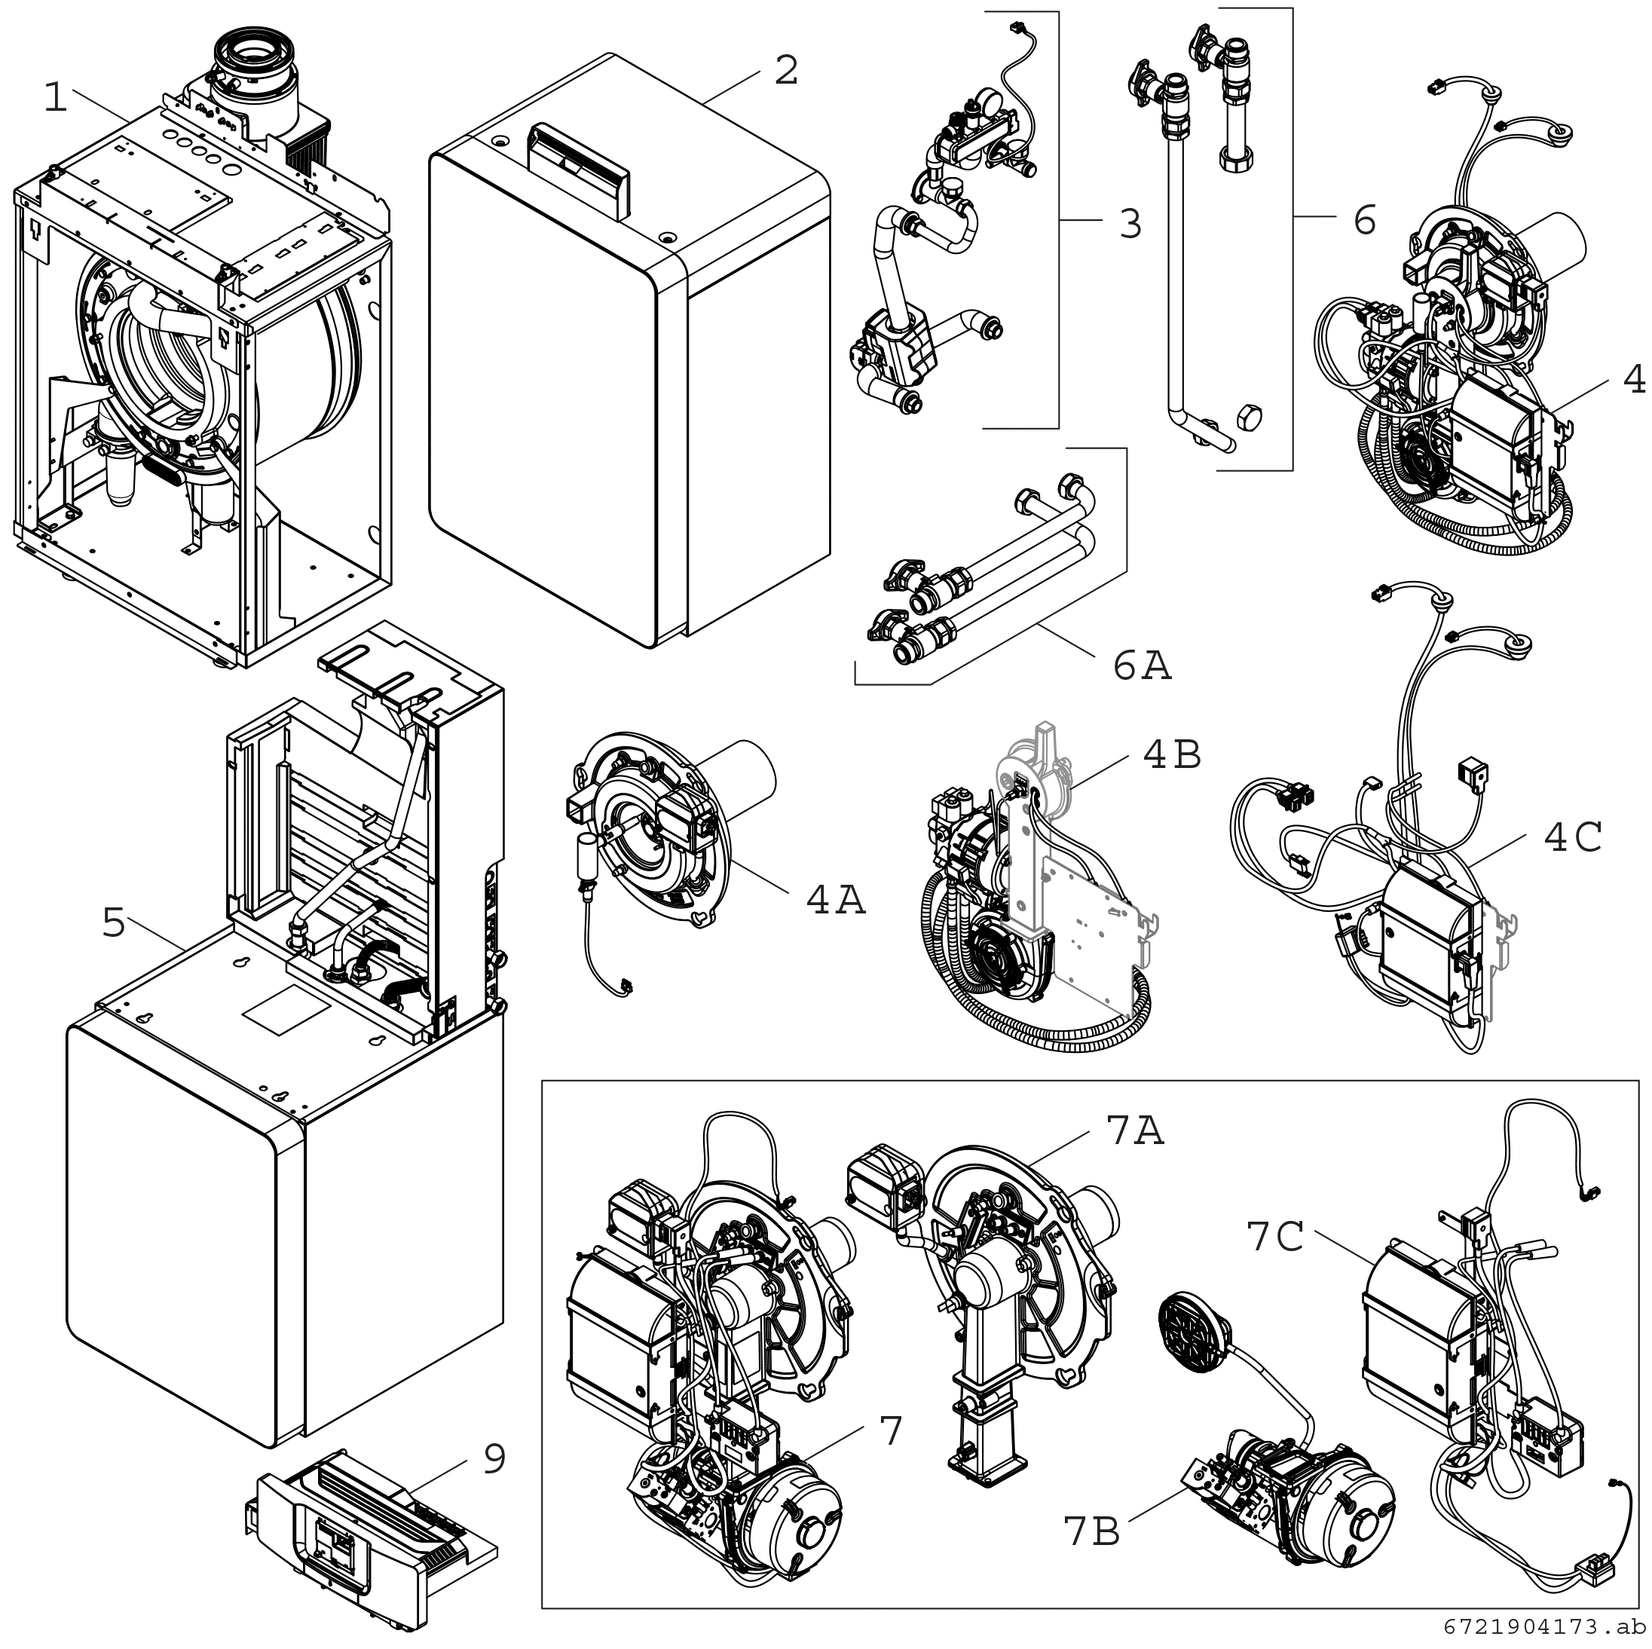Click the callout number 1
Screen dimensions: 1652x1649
(56, 99)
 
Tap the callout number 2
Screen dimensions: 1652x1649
(786, 70)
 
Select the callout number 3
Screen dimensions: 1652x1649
(1130, 223)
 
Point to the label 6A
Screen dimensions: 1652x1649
(1143, 665)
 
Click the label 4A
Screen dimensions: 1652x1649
(835, 900)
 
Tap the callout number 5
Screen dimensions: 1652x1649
(114, 923)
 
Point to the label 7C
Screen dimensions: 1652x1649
(1275, 1237)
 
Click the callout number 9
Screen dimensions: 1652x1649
(494, 1459)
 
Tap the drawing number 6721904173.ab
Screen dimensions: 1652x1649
(1544, 1626)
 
